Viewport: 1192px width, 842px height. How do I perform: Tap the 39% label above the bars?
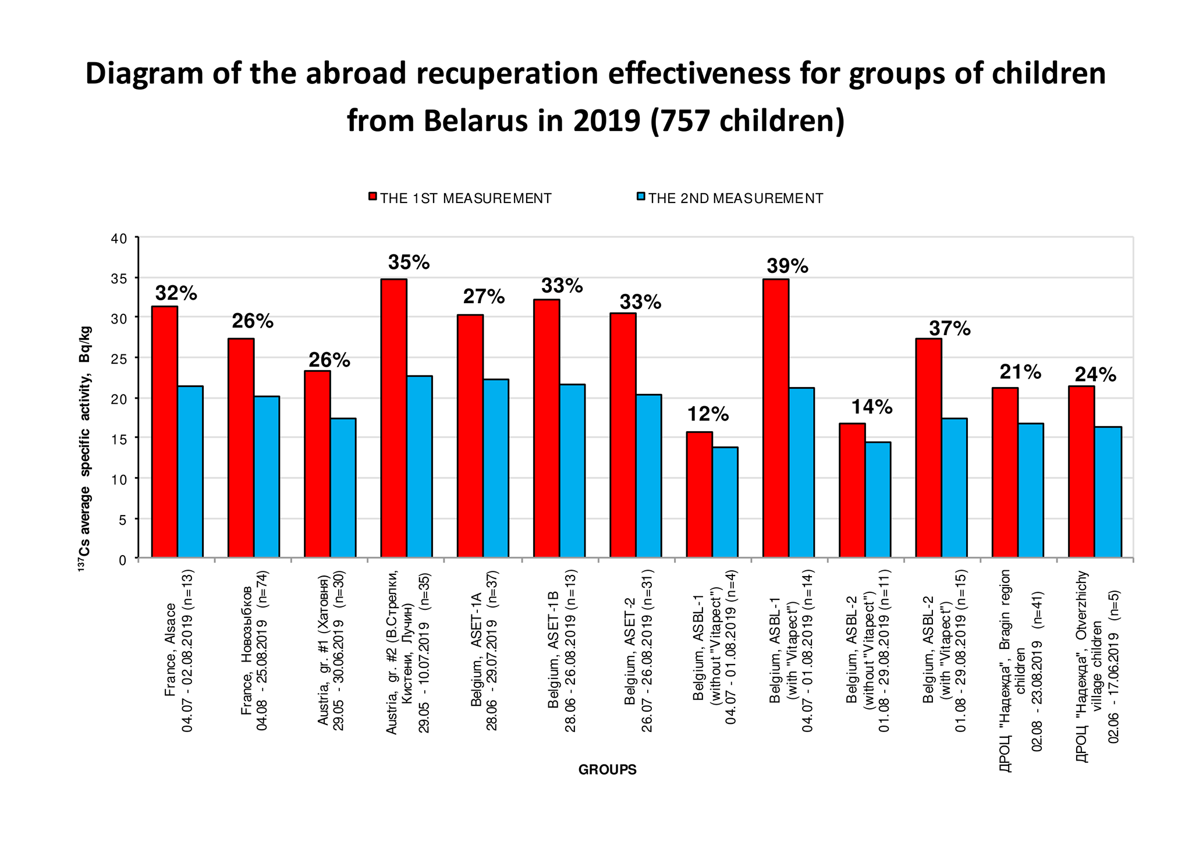(x=787, y=266)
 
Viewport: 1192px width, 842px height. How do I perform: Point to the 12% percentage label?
(x=708, y=414)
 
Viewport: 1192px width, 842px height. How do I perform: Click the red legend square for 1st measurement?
(x=373, y=197)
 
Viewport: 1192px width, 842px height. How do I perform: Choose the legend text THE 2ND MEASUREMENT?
(x=736, y=198)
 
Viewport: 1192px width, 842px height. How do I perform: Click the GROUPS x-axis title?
(x=607, y=770)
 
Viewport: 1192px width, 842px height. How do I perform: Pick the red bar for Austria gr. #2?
(x=394, y=418)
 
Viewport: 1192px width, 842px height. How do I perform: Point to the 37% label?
(x=949, y=329)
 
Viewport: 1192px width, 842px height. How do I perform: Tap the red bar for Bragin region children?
(x=1005, y=472)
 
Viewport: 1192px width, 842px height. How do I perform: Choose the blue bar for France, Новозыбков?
(x=267, y=477)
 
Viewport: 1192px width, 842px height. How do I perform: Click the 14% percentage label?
(x=872, y=407)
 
